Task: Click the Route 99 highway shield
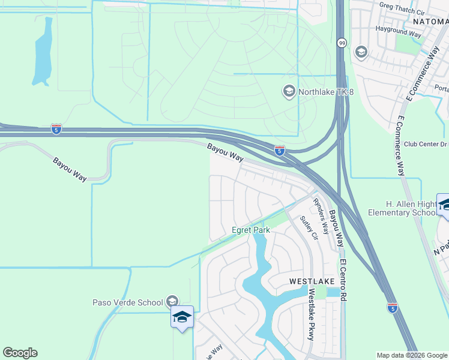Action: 341,43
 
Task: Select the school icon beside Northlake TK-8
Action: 289,92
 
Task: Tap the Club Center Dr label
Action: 426,144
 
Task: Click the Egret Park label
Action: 252,230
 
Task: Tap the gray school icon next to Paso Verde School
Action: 172,301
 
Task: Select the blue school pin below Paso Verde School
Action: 182,317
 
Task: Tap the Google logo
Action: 20,353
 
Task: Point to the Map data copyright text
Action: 412,355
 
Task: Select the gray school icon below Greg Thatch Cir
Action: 361,53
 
